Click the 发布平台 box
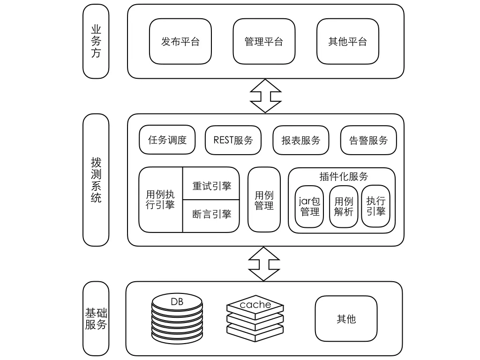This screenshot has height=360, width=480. (x=180, y=41)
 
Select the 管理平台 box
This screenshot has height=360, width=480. (x=264, y=41)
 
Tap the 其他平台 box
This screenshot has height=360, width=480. (x=347, y=41)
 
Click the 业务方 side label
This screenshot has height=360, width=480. (x=96, y=41)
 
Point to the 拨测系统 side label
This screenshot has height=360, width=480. (x=96, y=180)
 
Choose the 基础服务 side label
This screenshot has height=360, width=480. (x=96, y=318)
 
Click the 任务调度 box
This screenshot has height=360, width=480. (x=167, y=140)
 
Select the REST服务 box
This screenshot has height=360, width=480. (x=233, y=140)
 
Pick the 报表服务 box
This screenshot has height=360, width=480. (x=301, y=140)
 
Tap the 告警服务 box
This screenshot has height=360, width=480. (x=368, y=140)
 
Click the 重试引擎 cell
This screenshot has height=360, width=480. (x=211, y=186)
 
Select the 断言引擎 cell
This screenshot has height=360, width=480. (x=211, y=214)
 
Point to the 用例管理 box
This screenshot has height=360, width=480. (x=264, y=200)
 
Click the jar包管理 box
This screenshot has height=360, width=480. (x=309, y=206)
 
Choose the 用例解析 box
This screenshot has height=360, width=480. (x=344, y=206)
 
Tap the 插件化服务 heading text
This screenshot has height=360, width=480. (x=344, y=176)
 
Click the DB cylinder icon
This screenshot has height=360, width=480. (x=178, y=319)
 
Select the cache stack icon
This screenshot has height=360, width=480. (x=255, y=319)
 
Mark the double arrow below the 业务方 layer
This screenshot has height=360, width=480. (x=265, y=96)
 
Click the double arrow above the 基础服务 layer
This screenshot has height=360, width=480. (x=264, y=263)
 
